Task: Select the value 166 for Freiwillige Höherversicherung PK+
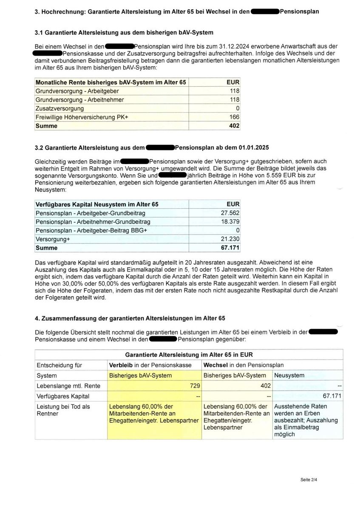234,117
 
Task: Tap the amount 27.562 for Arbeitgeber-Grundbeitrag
230,213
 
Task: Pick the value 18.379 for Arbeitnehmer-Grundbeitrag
230,222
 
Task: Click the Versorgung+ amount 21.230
230,239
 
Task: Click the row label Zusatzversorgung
60,108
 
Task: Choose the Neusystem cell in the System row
289,375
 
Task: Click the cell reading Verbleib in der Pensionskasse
151,365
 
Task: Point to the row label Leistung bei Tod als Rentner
63,410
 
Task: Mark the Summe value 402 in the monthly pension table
234,126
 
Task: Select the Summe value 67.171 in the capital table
230,248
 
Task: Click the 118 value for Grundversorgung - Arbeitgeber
234,91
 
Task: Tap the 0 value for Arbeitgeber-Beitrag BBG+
237,230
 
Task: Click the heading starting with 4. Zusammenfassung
130,317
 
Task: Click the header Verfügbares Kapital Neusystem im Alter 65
97,204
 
